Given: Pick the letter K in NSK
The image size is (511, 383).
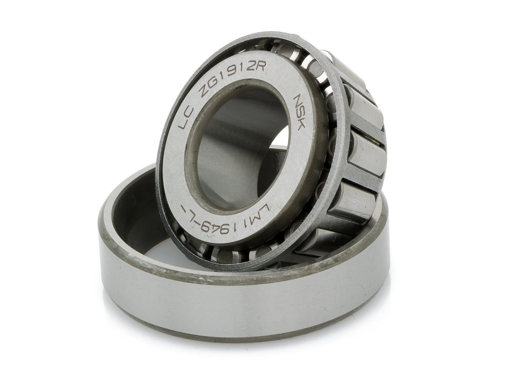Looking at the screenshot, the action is (300, 125).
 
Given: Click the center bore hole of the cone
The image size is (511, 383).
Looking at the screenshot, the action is (242, 149).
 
